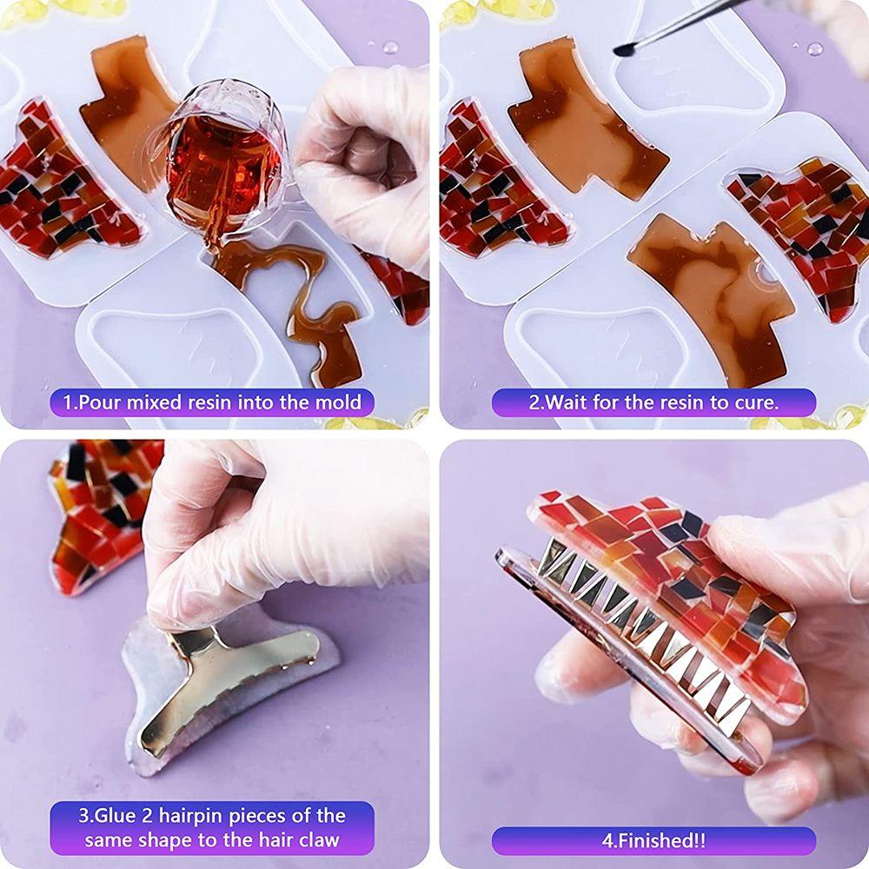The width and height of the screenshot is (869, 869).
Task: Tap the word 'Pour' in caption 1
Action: point(103,403)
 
